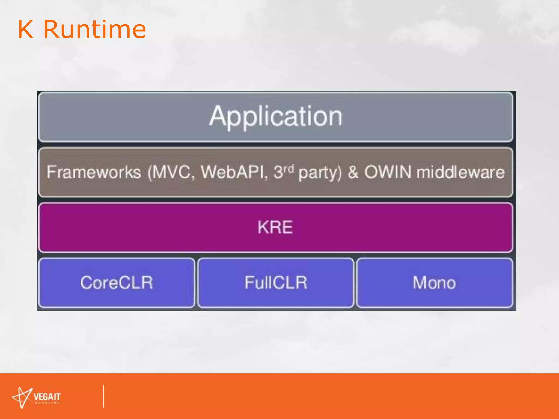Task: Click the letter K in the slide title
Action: [26, 29]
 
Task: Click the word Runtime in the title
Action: [94, 29]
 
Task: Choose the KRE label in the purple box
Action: [275, 227]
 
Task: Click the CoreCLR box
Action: [117, 283]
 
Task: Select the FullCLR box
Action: [276, 283]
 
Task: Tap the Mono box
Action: [434, 283]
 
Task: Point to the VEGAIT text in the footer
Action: [47, 396]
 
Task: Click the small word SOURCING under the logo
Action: [47, 403]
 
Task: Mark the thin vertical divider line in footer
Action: [103, 396]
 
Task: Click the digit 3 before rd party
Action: [278, 172]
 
